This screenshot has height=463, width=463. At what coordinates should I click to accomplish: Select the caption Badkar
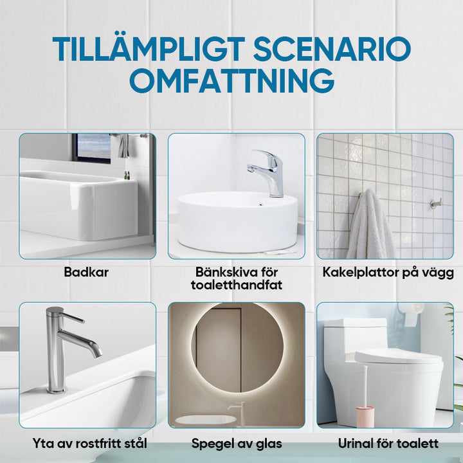[86, 272]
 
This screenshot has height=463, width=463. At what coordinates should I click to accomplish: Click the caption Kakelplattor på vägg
[388, 272]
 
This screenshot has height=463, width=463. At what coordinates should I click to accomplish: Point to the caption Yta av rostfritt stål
[90, 443]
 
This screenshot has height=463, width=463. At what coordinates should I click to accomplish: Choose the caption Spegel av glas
[237, 443]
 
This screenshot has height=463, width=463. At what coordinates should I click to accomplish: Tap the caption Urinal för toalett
[388, 443]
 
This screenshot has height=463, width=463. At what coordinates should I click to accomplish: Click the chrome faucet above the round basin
[270, 170]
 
